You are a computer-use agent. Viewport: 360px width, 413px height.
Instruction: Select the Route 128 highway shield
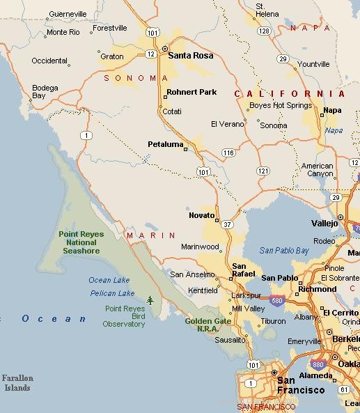click(x=263, y=31)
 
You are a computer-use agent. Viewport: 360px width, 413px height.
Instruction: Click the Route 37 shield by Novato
click(x=226, y=224)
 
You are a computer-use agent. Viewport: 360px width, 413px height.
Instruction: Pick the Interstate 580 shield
click(x=277, y=301)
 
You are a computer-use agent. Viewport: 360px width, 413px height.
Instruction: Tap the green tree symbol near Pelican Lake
click(x=150, y=300)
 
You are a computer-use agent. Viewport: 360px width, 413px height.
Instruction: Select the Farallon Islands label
click(x=17, y=383)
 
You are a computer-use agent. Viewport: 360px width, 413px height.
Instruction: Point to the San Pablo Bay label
click(x=283, y=251)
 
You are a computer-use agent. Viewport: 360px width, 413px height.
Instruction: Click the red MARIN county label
click(x=151, y=235)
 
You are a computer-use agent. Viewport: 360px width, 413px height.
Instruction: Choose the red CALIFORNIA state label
click(x=289, y=93)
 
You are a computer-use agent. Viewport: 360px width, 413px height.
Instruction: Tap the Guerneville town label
click(x=68, y=14)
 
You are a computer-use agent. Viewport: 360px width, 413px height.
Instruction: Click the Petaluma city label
click(x=165, y=144)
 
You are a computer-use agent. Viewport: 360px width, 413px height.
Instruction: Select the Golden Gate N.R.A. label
click(x=208, y=325)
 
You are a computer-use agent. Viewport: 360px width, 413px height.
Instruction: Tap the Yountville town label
click(x=313, y=64)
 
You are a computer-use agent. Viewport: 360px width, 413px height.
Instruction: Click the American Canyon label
click(x=318, y=170)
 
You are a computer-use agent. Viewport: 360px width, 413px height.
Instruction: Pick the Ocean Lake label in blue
click(x=109, y=280)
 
